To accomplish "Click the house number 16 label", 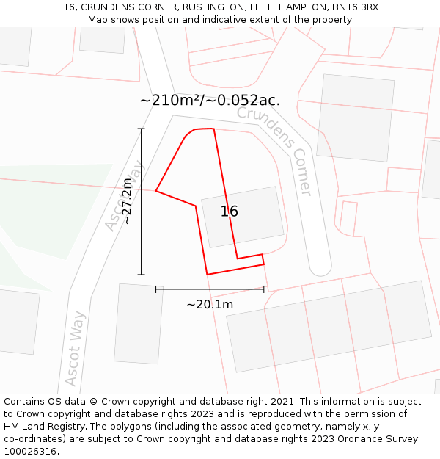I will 230,212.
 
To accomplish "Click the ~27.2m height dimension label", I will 127,201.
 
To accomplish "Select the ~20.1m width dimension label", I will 210,304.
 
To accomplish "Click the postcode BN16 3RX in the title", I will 355,7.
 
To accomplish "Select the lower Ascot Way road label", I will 75,348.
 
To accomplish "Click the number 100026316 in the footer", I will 32,452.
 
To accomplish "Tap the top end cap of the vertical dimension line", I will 142,129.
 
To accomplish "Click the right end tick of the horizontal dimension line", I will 264,289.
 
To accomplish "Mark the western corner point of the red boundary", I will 156,192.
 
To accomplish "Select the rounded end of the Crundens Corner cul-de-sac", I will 320,266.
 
